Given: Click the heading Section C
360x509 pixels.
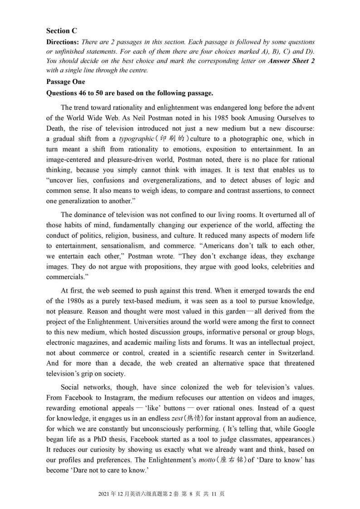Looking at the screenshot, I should point(62,31).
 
